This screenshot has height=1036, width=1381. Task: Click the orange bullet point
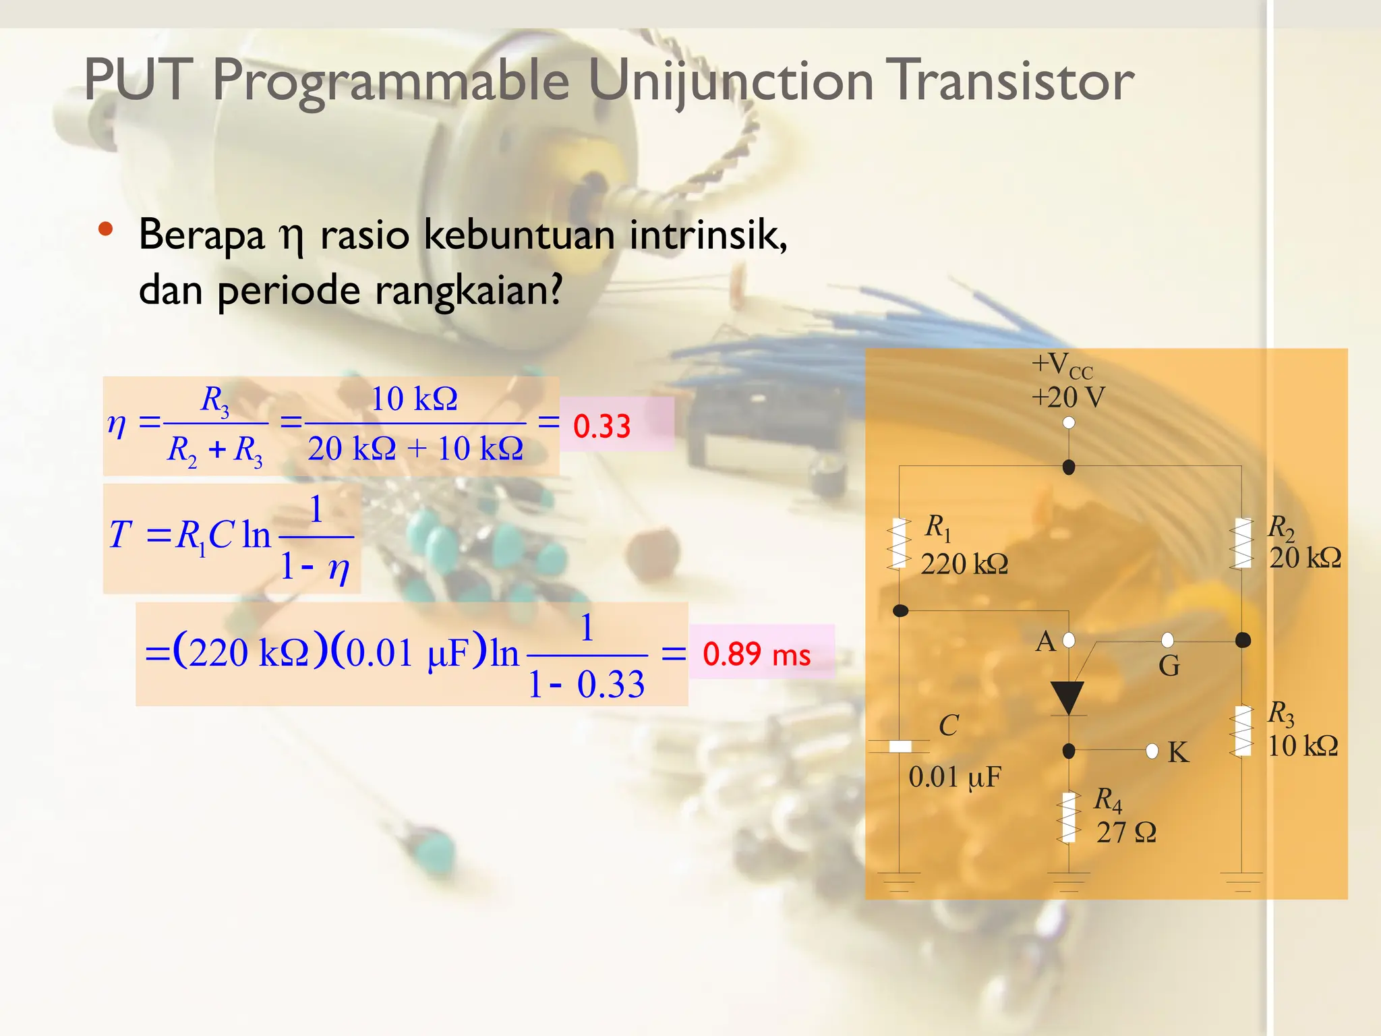tap(105, 229)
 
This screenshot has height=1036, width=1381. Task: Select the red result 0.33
tap(601, 426)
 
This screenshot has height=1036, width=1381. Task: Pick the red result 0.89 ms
tap(756, 654)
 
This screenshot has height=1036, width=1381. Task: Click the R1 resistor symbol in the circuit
tap(899, 543)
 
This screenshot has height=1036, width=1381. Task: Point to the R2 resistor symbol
tap(1242, 543)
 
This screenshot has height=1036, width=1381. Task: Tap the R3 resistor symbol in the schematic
tap(1242, 730)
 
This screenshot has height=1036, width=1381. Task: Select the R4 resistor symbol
tap(1069, 817)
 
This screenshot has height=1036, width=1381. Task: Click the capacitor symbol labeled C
tap(900, 746)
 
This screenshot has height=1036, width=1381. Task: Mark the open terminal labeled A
tap(1069, 640)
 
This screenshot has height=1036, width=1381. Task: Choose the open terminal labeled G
tap(1168, 640)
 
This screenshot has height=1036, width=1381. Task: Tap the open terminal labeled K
tap(1152, 751)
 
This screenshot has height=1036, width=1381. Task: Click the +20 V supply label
tap(1068, 397)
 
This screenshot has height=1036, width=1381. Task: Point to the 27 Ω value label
tap(1125, 833)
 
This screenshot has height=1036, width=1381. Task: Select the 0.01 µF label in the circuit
tap(954, 777)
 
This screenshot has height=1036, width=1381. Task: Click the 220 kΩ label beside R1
tap(964, 564)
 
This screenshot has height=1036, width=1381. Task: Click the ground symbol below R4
tap(1069, 880)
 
